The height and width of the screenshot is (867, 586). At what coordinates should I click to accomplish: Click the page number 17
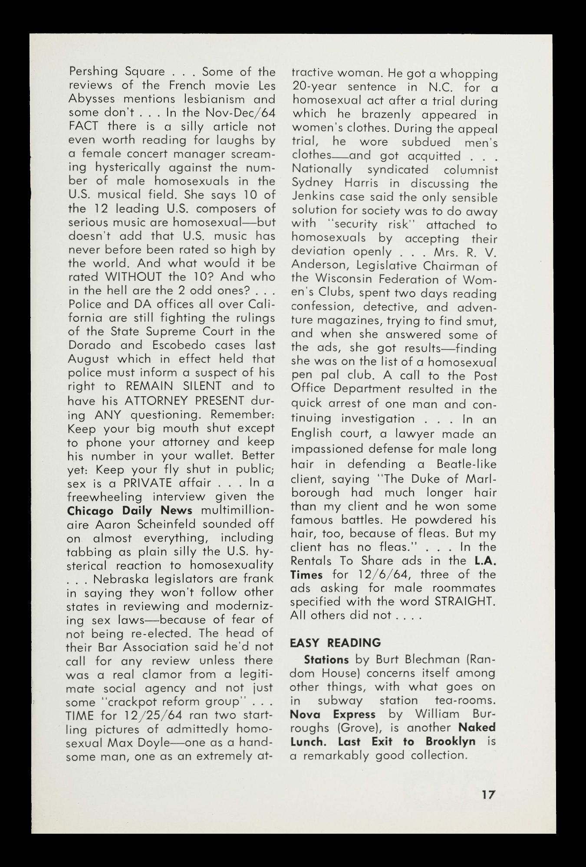pos(487,795)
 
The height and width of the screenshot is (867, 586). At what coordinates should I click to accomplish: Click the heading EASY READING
pos(336,643)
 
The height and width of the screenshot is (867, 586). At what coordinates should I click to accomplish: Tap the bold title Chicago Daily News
pos(130,510)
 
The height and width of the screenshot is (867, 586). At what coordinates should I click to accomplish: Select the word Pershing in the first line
pos(93,72)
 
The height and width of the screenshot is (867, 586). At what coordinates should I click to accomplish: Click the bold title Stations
pos(326,660)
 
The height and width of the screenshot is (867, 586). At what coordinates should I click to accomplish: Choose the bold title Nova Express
pos(333,714)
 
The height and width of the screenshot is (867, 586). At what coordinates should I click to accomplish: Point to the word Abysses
pos(92,99)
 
